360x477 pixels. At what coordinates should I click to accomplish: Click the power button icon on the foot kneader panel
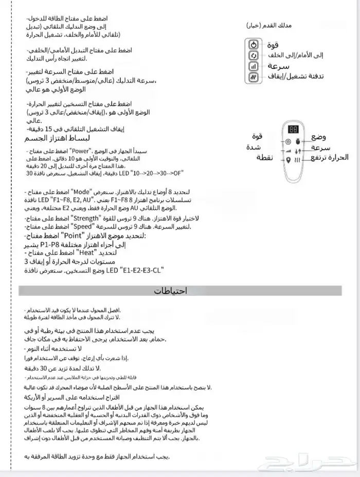254,45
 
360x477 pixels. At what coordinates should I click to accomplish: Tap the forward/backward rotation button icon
254,56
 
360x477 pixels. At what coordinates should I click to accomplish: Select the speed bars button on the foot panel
254,67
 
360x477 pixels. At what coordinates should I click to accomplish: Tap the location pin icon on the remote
288,160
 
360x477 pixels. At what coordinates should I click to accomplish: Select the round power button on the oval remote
288,141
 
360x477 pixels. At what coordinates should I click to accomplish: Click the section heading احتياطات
172,291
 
